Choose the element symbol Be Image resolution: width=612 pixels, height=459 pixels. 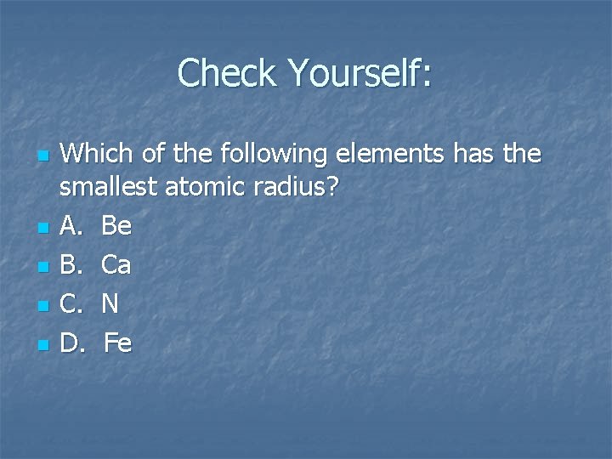click(116, 225)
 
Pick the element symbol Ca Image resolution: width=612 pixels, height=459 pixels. click(116, 264)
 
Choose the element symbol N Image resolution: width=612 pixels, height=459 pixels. click(110, 303)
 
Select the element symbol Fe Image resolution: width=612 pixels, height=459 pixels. click(118, 343)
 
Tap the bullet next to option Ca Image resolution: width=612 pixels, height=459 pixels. click(43, 267)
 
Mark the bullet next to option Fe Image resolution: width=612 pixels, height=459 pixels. click(43, 345)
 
